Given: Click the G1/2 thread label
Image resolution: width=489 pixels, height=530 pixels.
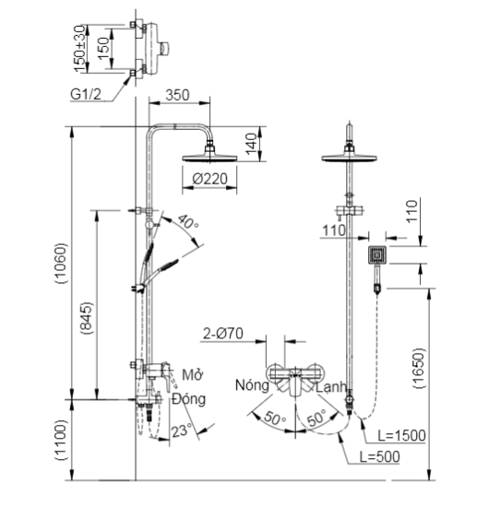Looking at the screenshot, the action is (86, 94).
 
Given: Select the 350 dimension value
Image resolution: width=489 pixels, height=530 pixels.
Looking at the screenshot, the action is (177, 95).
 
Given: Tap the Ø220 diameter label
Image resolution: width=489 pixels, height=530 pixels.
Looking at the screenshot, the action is (209, 179).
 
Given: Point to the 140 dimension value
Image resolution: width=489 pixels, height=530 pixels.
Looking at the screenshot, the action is (252, 144).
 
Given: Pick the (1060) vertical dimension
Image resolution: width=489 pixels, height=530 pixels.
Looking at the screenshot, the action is (62, 264).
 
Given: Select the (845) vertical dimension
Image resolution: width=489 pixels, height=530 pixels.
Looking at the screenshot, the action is (87, 318).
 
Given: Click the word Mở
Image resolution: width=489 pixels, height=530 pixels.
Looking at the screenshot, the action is (192, 374).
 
